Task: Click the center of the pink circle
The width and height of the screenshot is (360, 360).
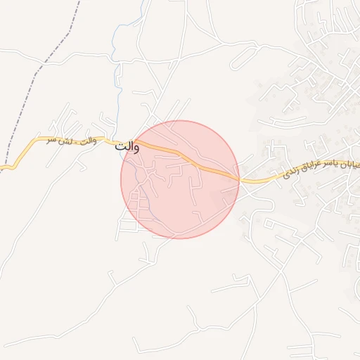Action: (180, 179)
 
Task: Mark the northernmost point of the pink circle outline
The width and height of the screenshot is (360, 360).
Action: (180, 120)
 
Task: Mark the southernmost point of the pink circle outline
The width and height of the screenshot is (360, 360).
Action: (180, 238)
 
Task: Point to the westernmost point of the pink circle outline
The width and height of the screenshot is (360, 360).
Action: (121, 179)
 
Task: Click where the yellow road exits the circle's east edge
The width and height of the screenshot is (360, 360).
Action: (239, 180)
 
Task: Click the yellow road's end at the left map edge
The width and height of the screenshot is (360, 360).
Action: (2, 168)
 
